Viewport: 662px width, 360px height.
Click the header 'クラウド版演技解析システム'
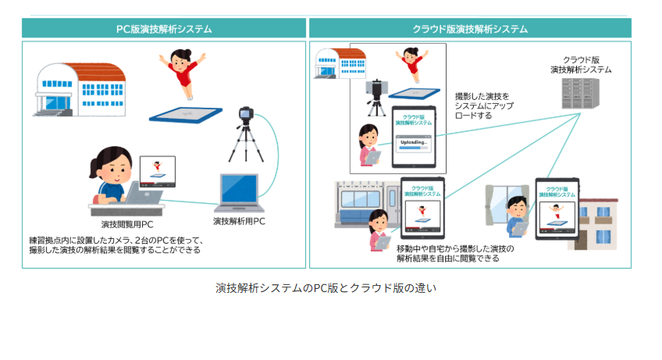pyautogui.click(x=470, y=29)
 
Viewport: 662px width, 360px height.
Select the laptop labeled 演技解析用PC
pyautogui.click(x=239, y=194)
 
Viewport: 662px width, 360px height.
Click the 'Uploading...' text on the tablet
pyautogui.click(x=413, y=143)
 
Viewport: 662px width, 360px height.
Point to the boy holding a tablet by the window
pyautogui.click(x=516, y=215)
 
